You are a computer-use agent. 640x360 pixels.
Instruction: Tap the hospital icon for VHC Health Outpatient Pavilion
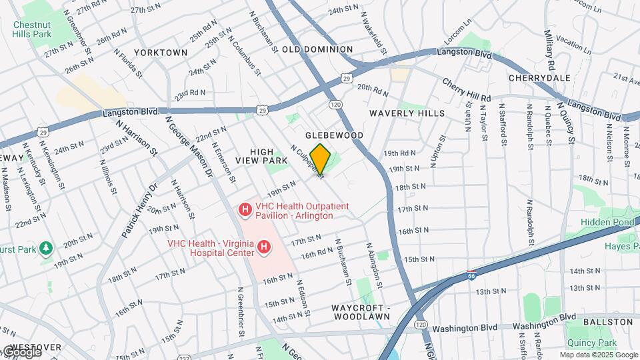[x=245, y=211]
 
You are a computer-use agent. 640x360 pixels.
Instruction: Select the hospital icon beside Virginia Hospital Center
[x=264, y=248]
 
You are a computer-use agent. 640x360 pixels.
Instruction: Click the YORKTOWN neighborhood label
[x=160, y=52]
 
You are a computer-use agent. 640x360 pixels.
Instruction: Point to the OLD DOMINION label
[x=317, y=49]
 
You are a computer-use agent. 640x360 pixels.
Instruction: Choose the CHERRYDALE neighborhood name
[x=539, y=78]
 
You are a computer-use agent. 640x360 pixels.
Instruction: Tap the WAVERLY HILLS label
[x=407, y=113]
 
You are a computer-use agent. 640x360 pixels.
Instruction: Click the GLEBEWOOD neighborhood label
[x=335, y=135]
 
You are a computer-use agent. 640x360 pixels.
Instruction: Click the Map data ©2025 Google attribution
[x=598, y=355]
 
